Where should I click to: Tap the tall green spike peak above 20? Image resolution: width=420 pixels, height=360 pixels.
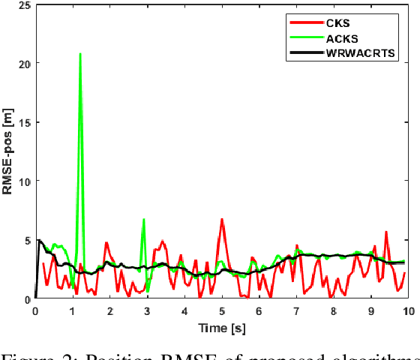[80, 54]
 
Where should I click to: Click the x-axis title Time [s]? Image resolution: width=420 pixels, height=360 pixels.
[221, 327]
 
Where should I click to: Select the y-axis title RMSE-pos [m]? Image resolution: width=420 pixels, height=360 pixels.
[8, 152]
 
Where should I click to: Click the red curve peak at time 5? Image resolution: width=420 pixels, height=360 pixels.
[222, 220]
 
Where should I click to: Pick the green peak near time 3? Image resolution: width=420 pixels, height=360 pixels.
[143, 220]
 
